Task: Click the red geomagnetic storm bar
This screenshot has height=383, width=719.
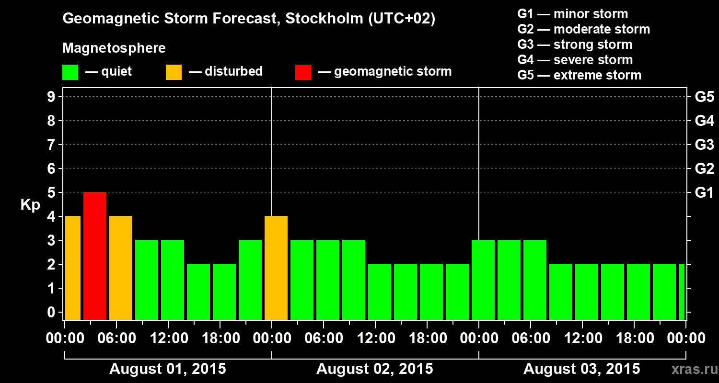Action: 95,256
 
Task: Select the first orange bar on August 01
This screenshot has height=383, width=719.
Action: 72,268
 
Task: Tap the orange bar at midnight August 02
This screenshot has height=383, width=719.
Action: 276,268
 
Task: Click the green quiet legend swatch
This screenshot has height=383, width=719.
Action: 70,72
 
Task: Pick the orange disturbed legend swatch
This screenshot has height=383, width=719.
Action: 174,72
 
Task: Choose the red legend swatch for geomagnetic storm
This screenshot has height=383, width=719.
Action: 303,72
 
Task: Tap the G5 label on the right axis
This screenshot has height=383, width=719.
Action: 704,97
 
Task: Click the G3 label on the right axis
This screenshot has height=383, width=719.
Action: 704,145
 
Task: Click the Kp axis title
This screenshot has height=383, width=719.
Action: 30,205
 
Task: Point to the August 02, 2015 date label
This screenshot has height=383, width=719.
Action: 374,369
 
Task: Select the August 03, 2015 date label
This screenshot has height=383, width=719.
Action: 581,369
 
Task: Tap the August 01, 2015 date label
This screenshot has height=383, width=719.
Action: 168,369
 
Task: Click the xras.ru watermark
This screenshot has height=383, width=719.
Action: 692,370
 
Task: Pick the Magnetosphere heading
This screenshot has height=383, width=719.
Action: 114,48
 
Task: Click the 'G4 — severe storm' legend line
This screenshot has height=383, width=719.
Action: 575,60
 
